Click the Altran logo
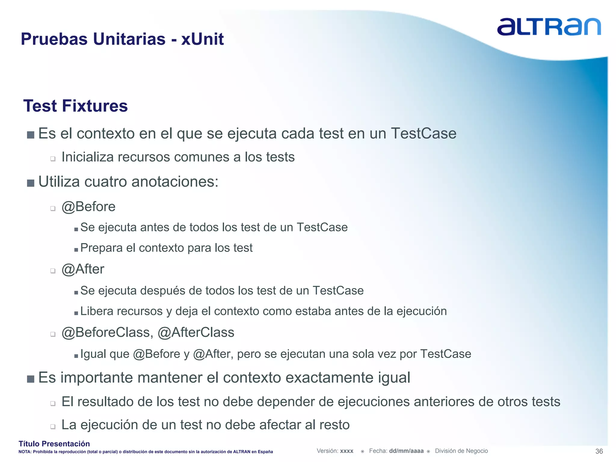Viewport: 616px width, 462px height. [549, 27]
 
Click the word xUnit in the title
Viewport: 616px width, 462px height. [202, 39]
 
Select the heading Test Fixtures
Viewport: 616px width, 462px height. [75, 106]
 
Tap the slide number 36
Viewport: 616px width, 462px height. [599, 451]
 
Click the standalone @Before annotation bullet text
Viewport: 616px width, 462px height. [88, 207]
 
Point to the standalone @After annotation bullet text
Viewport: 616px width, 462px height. [83, 269]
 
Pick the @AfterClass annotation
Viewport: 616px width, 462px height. [196, 333]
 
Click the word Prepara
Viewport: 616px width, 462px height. [101, 248]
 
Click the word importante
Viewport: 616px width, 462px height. [97, 377]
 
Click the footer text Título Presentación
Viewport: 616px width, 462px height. [54, 444]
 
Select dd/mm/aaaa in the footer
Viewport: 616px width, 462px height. [406, 451]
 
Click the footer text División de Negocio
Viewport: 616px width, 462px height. [461, 451]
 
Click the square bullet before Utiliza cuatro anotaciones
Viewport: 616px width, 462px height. [30, 183]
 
